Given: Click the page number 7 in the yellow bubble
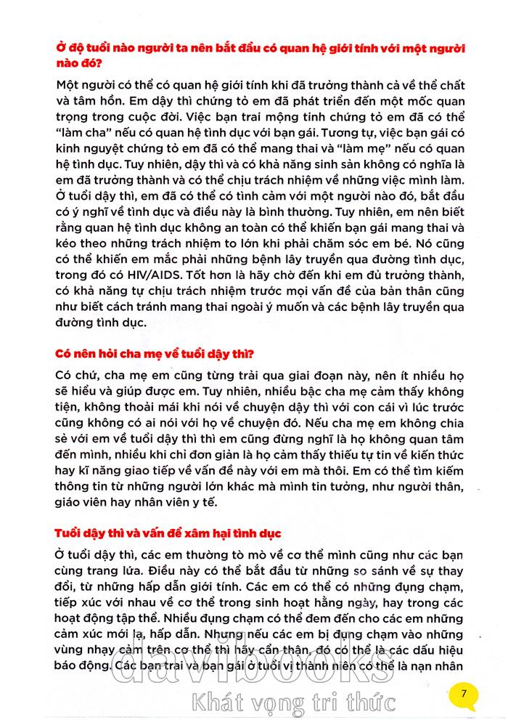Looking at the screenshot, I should [463, 693].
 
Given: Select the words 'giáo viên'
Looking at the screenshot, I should [82, 501].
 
